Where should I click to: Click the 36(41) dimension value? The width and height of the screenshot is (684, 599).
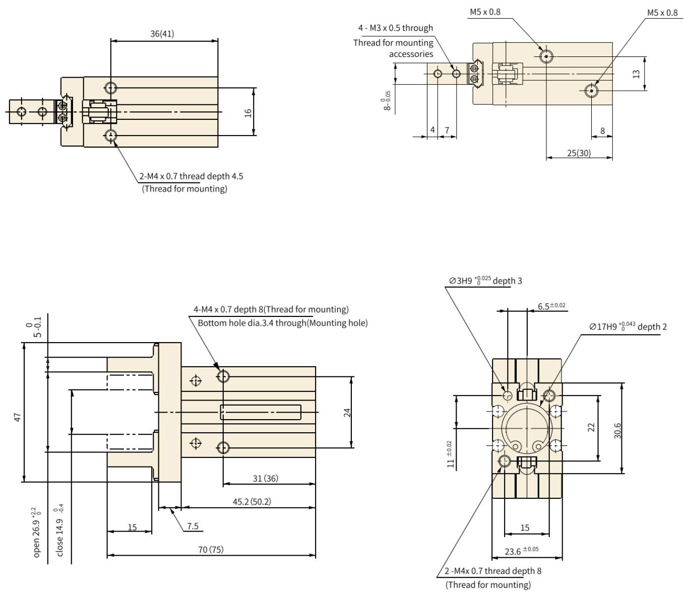pyautogui.click(x=162, y=34)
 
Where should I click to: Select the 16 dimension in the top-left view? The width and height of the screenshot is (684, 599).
pyautogui.click(x=248, y=112)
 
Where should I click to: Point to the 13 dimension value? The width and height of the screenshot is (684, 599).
pyautogui.click(x=636, y=74)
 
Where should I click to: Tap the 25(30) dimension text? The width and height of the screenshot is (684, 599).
pyautogui.click(x=579, y=153)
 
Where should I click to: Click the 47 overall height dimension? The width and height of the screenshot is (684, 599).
pyautogui.click(x=18, y=417)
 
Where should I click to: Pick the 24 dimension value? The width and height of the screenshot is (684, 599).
pyautogui.click(x=347, y=413)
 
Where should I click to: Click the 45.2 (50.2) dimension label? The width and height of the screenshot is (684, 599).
pyautogui.click(x=252, y=501)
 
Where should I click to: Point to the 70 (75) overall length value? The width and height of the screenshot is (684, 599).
pyautogui.click(x=211, y=549)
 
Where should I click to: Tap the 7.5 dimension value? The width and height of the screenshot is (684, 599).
pyautogui.click(x=193, y=526)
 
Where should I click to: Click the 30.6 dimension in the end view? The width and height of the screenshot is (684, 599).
pyautogui.click(x=618, y=430)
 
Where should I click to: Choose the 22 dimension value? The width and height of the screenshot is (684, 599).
pyautogui.click(x=591, y=427)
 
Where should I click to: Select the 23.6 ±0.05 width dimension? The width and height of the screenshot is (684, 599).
pyautogui.click(x=521, y=551)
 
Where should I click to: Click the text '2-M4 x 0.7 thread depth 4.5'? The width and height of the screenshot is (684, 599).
pyautogui.click(x=192, y=176)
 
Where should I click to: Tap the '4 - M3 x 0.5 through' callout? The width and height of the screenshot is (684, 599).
pyautogui.click(x=395, y=28)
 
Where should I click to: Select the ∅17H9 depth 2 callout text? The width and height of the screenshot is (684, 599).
pyautogui.click(x=628, y=326)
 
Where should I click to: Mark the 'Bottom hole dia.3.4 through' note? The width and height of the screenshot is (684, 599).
pyautogui.click(x=282, y=323)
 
